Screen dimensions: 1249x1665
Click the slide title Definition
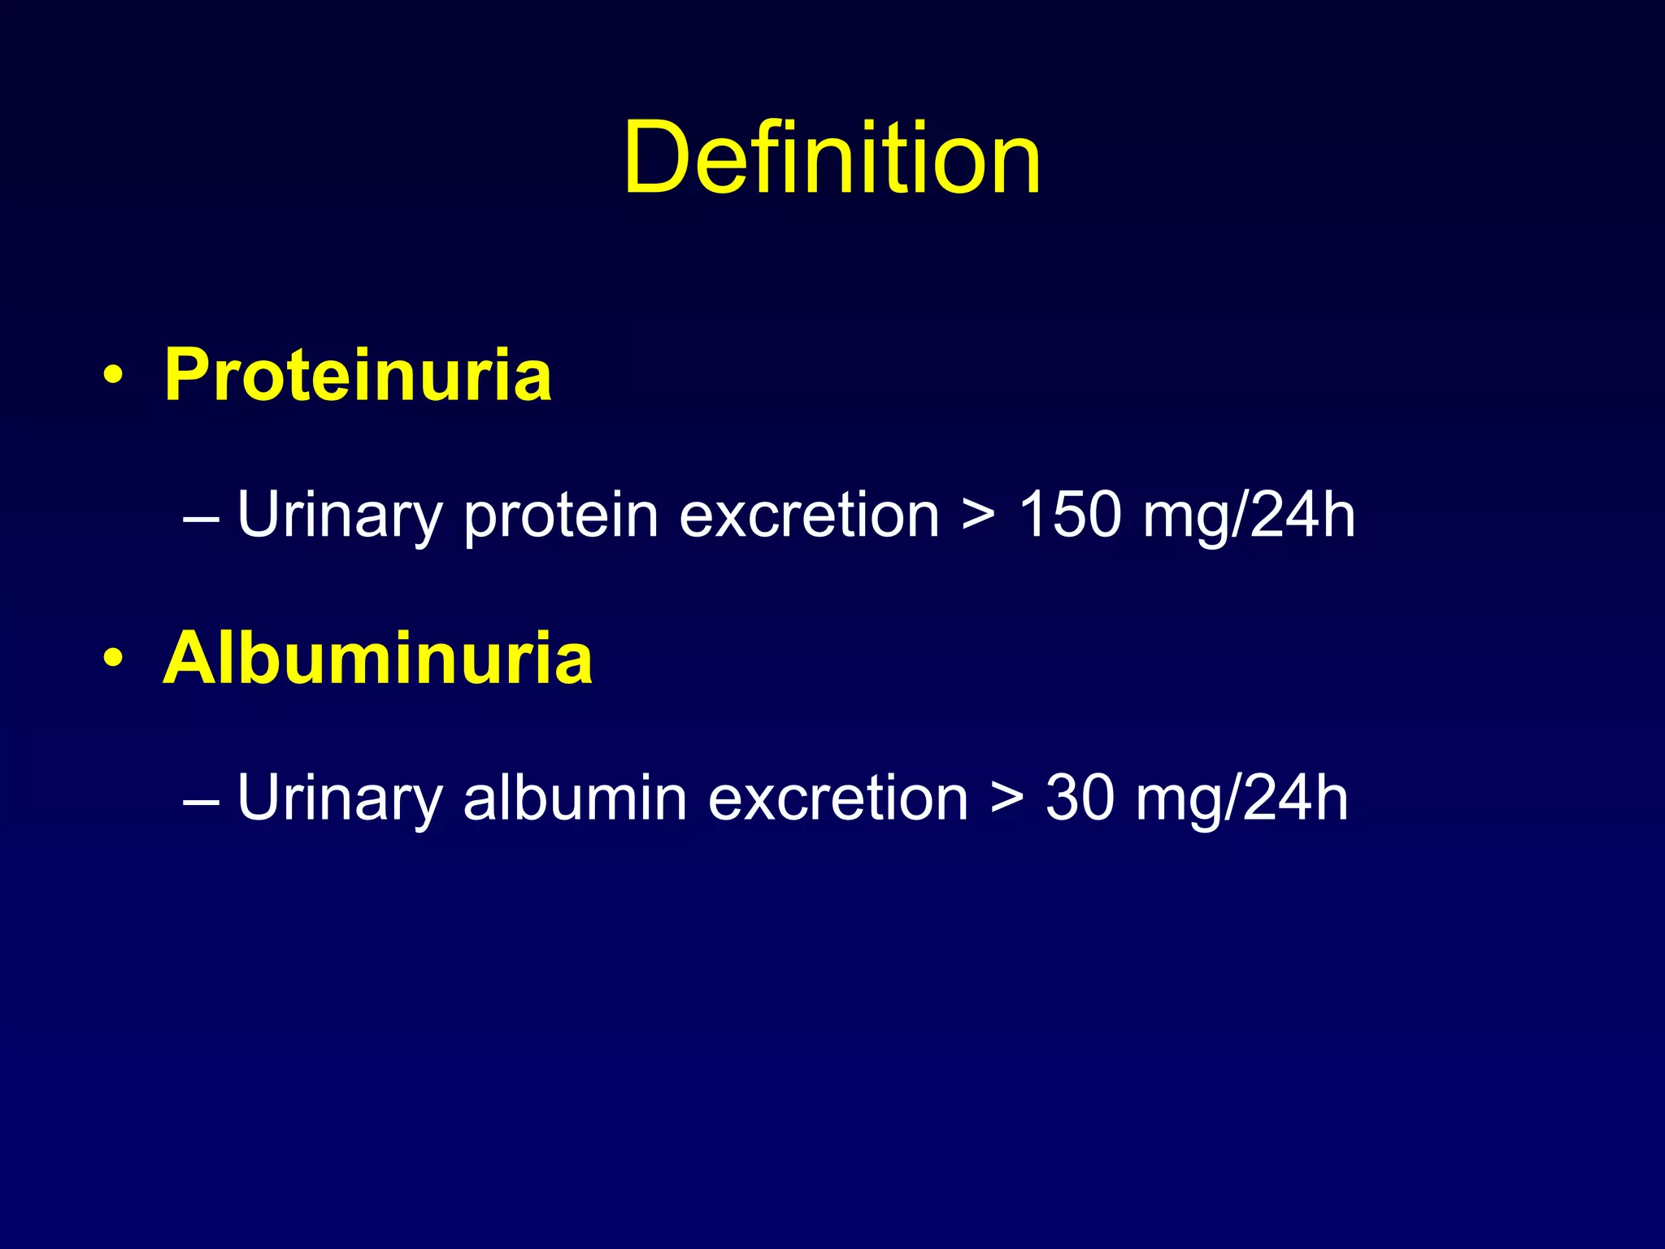coord(832,158)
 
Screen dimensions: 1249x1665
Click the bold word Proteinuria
coord(358,375)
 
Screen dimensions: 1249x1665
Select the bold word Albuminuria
coord(378,658)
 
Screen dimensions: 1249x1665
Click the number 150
coord(1070,515)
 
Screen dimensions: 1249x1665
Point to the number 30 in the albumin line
coord(1079,798)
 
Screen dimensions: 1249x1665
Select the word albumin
coord(575,798)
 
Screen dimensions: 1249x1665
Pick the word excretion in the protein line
coord(809,516)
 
